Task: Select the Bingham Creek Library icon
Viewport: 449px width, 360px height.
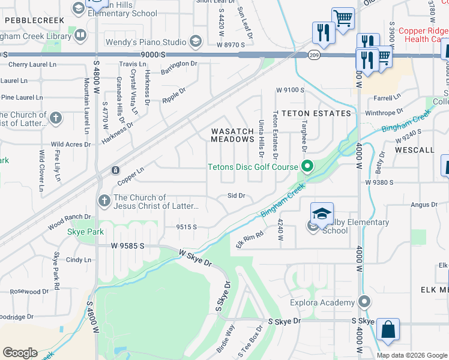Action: [x=80, y=35]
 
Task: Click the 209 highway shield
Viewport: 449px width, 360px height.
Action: [x=314, y=55]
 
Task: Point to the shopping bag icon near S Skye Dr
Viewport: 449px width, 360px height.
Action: [x=388, y=329]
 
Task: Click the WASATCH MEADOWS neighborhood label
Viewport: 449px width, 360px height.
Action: [x=232, y=135]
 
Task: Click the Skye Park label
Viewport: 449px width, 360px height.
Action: [x=86, y=232]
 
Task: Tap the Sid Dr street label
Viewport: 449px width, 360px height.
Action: [x=237, y=196]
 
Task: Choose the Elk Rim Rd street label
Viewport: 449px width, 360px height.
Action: [x=250, y=241]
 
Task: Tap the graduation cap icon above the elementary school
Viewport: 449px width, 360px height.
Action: [x=322, y=212]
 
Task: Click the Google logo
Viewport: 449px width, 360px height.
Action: [x=20, y=352]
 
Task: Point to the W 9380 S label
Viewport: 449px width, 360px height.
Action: [x=379, y=182]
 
